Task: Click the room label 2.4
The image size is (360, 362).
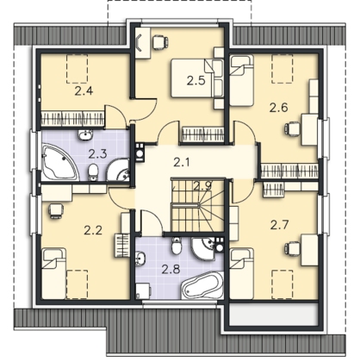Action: point(84,91)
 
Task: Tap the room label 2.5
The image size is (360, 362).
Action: point(196,80)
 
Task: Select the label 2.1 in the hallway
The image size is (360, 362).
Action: point(182,163)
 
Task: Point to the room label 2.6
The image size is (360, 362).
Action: point(278,108)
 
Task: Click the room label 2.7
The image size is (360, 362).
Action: point(279,224)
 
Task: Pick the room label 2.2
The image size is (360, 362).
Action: point(93,230)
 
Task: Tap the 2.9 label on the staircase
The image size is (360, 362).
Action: point(202,186)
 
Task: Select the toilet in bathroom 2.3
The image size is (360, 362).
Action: point(93,172)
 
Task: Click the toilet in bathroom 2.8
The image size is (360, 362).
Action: point(177,246)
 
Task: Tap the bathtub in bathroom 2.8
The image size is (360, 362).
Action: point(202,285)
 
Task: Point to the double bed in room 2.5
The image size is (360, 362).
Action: point(197,78)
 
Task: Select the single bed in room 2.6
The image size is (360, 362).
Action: point(242,81)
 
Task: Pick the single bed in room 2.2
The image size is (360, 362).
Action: point(53,273)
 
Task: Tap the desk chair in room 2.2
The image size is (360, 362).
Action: point(55,210)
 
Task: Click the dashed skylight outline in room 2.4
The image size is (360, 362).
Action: point(77,69)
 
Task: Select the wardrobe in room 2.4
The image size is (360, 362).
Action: point(72,119)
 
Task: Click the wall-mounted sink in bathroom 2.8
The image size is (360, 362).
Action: point(140,257)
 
